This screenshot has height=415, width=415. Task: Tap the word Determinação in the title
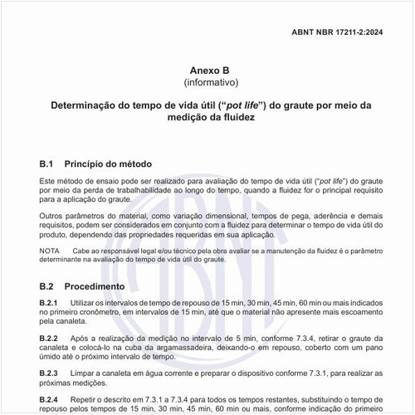pyautogui.click(x=86, y=106)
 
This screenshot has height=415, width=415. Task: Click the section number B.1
pyautogui.click(x=46, y=164)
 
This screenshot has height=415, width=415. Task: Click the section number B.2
pyautogui.click(x=46, y=286)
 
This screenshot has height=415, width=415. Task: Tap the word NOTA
pyautogui.click(x=49, y=250)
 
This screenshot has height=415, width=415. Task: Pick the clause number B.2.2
pyautogui.click(x=51, y=338)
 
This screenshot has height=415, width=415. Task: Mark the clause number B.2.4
pyautogui.click(x=51, y=399)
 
